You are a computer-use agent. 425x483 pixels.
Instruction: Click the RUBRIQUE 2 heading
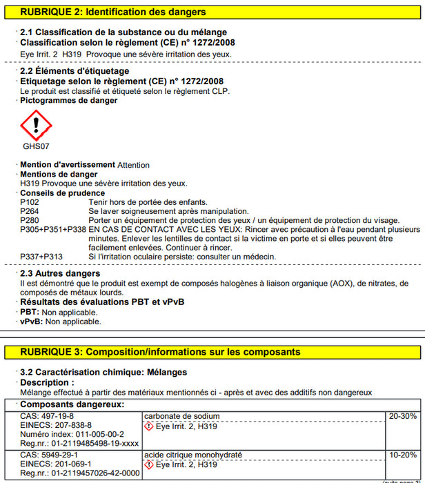[113, 12]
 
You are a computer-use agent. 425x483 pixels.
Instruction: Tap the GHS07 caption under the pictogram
[36, 146]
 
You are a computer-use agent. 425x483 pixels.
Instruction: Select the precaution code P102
[30, 202]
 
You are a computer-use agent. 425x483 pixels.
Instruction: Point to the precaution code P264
[30, 211]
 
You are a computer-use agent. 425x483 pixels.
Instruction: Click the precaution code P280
[30, 220]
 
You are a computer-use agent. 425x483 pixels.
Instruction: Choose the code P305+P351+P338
[53, 229]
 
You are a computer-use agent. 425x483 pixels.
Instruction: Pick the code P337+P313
[41, 257]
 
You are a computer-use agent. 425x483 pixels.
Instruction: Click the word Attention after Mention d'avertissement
[133, 166]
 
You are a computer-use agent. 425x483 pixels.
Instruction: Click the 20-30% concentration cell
[403, 416]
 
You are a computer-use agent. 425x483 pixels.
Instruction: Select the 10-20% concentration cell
[403, 455]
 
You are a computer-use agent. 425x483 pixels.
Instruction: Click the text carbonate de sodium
[182, 416]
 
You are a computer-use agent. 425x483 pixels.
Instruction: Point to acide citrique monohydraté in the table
[193, 455]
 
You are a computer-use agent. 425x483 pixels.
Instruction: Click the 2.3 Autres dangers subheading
[60, 274]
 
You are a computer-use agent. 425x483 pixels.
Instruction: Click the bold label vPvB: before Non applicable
[32, 321]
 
